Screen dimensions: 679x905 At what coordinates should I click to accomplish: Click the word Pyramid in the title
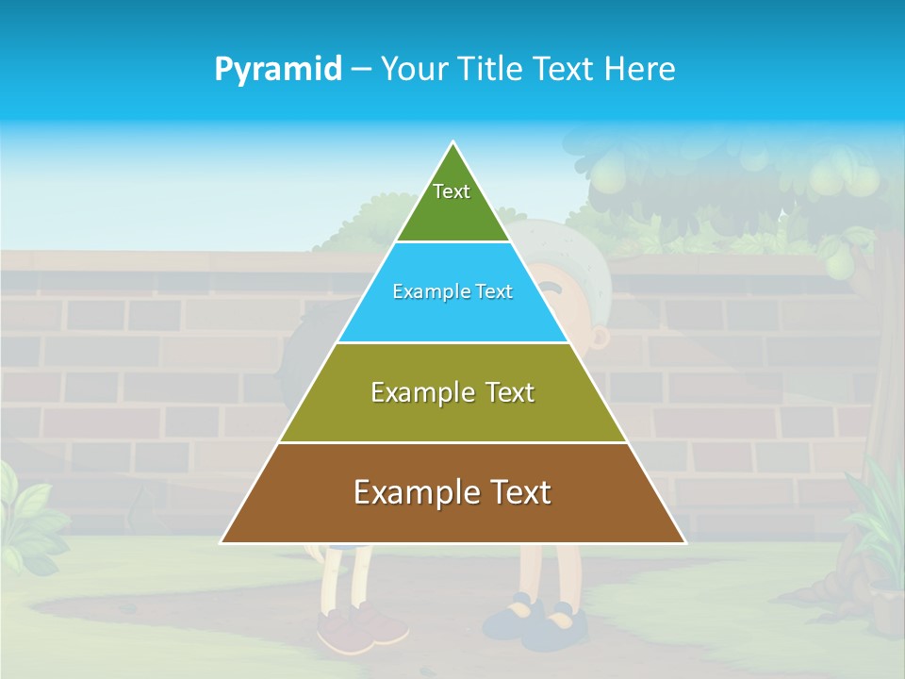[x=278, y=70]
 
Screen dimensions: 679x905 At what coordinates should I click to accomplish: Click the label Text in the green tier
[x=452, y=191]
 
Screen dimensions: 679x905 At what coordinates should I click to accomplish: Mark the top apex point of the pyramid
[x=453, y=142]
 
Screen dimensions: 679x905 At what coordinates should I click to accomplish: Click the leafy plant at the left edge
[x=24, y=514]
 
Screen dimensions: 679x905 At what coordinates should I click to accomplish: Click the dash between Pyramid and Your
[x=361, y=70]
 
